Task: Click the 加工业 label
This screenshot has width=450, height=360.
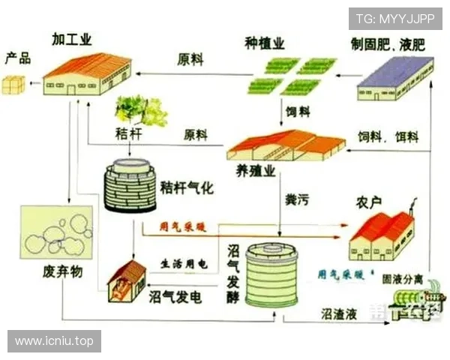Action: click(72, 39)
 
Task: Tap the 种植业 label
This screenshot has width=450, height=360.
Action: click(265, 43)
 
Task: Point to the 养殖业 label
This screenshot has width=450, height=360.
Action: click(255, 171)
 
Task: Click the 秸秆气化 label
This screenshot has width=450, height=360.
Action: click(187, 187)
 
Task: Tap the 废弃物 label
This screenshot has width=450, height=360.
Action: click(61, 271)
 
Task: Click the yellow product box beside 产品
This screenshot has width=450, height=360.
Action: click(13, 84)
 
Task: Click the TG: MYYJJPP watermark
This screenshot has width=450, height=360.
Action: click(395, 18)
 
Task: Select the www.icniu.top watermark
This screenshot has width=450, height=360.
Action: click(54, 341)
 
